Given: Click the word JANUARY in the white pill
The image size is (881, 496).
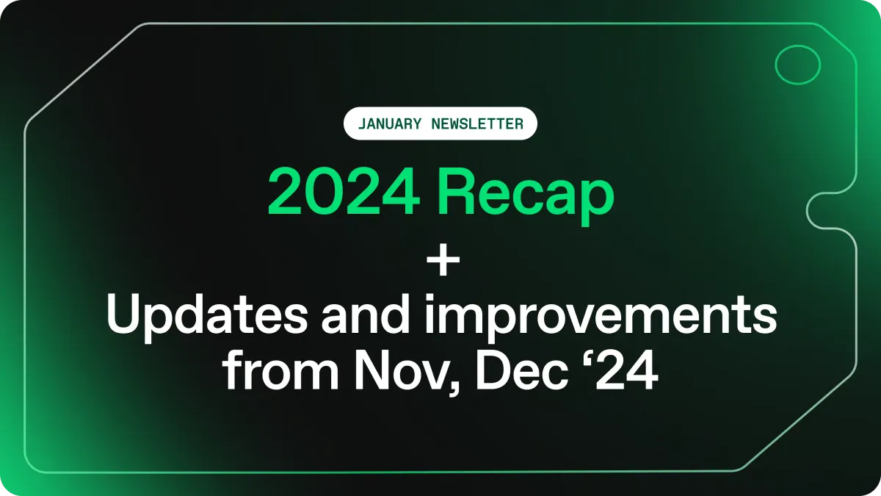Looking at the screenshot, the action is [390, 124].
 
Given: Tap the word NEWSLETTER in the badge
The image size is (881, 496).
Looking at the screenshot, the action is [477, 124].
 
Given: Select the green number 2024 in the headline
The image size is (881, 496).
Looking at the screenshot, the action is [344, 192].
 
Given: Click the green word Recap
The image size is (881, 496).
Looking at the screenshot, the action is [527, 197].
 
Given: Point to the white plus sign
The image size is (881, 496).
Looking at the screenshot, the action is [443, 259].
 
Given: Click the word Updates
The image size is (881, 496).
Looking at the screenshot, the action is [207, 319].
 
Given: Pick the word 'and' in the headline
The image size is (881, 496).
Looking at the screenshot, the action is [366, 315].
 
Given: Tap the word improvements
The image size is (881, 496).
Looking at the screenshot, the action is [600, 319].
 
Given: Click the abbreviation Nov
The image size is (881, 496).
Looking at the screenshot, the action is [400, 370].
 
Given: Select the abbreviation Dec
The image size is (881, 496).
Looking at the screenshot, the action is [522, 370].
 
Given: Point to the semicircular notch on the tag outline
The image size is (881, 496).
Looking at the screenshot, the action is [807, 211].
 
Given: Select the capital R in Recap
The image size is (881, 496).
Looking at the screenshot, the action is [458, 192].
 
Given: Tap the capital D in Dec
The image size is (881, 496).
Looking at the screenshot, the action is [493, 370].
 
